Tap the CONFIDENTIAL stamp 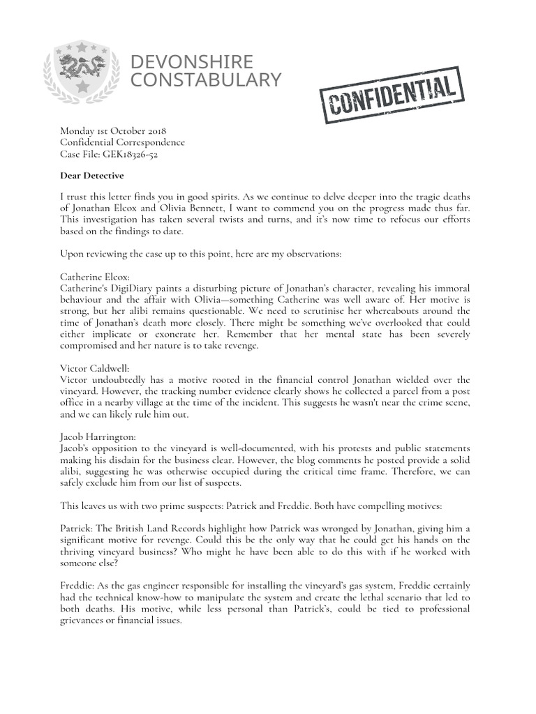coord(391,96)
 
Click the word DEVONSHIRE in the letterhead coord(192,62)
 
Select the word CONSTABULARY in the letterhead coord(206,80)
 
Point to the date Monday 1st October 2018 coord(113,130)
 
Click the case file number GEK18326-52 coord(132,154)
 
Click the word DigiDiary coord(140,288)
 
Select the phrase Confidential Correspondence coord(123,142)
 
